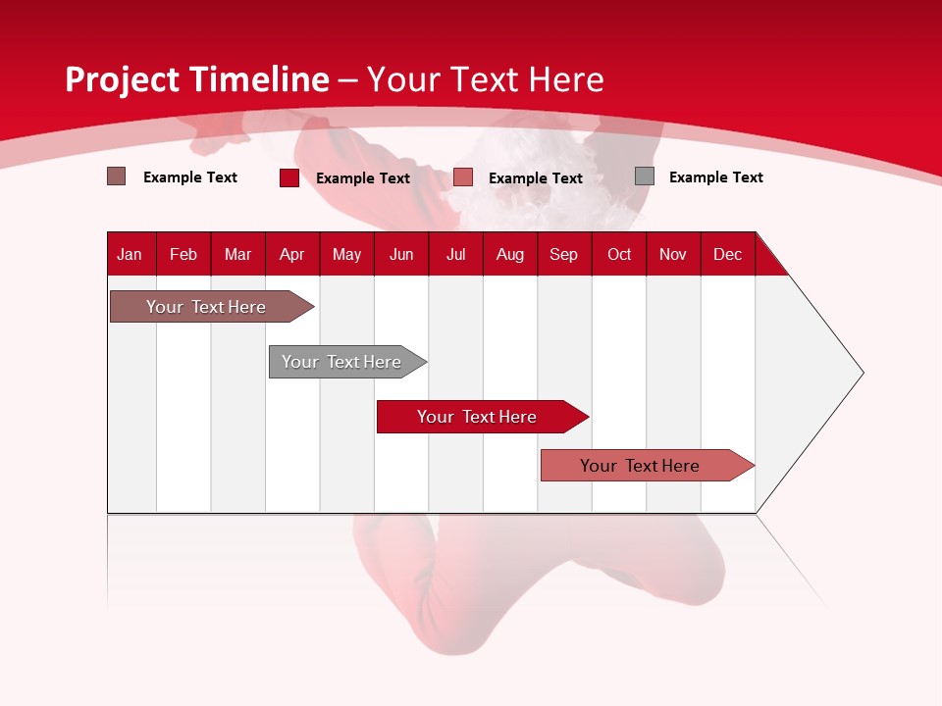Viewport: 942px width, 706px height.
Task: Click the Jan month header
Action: click(130, 255)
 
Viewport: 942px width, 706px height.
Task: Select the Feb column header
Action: click(183, 255)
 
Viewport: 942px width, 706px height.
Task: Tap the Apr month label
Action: click(292, 255)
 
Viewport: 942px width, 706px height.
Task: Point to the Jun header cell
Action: click(401, 255)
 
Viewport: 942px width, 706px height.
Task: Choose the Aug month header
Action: click(510, 255)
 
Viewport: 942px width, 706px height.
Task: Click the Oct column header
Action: click(619, 255)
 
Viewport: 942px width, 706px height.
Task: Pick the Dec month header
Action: click(727, 255)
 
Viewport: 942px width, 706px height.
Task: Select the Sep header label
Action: click(563, 255)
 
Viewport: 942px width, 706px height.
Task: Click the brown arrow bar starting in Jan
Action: click(212, 306)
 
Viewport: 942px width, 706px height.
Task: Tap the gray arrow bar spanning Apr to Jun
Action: click(347, 362)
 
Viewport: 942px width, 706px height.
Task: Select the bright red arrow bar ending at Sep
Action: click(483, 417)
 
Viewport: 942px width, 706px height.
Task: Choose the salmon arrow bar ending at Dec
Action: click(648, 465)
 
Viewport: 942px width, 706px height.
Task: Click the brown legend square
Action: click(116, 176)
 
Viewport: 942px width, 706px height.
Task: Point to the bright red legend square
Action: click(288, 177)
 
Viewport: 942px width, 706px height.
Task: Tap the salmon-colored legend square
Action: click(462, 177)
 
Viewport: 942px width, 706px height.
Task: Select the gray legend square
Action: click(645, 176)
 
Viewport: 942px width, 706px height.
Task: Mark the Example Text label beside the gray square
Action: click(716, 177)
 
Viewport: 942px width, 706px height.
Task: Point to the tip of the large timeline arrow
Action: click(863, 373)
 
